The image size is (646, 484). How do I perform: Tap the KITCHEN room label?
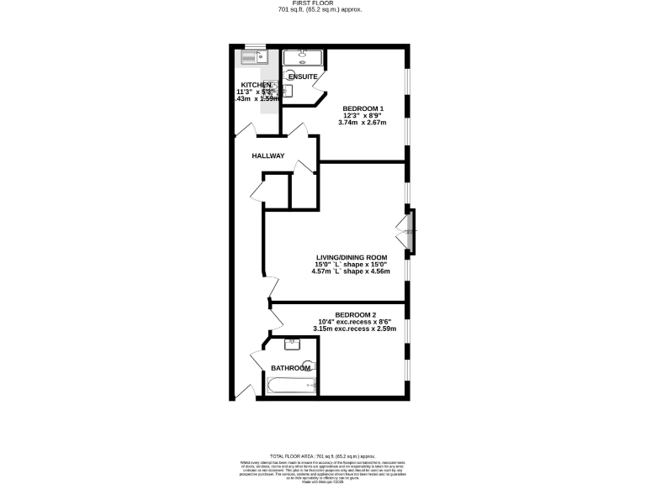click(x=257, y=85)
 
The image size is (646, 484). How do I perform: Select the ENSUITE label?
click(x=302, y=76)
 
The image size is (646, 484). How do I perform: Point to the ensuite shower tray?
click(x=303, y=57)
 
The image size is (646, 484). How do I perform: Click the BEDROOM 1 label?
click(x=363, y=108)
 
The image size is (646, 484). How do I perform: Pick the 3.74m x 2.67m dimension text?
click(x=363, y=123)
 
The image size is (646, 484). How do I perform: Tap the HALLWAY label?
click(x=268, y=156)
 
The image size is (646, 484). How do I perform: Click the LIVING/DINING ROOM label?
click(x=352, y=257)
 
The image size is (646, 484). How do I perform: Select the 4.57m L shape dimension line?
click(x=352, y=271)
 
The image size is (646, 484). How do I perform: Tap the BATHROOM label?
click(x=290, y=368)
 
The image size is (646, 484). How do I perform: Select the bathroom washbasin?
click(x=293, y=344)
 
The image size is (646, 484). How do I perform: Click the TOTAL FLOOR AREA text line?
click(x=322, y=454)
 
